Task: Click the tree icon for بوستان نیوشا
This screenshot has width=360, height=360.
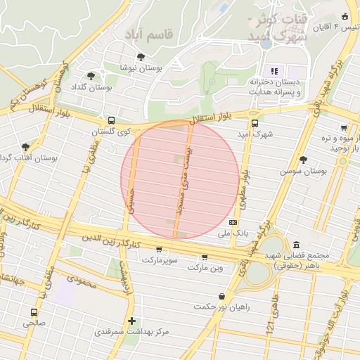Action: point(141,57)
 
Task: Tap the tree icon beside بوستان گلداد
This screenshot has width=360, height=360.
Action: point(91,76)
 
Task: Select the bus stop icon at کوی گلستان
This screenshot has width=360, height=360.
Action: point(112,120)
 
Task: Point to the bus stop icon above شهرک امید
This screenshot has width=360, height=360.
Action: point(253,120)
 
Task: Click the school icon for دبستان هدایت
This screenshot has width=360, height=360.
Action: point(274,70)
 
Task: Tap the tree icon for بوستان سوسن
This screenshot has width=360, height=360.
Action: point(303,160)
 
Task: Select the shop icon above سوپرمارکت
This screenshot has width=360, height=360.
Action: point(158,249)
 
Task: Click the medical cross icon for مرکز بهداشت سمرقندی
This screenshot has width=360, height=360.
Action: point(131,320)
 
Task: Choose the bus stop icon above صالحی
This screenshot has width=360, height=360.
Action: point(34,312)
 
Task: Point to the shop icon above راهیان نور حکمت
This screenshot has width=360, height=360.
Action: point(222,296)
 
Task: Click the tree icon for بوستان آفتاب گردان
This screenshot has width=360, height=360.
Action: point(26,146)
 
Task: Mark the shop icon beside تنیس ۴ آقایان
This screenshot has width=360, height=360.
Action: point(344,17)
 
